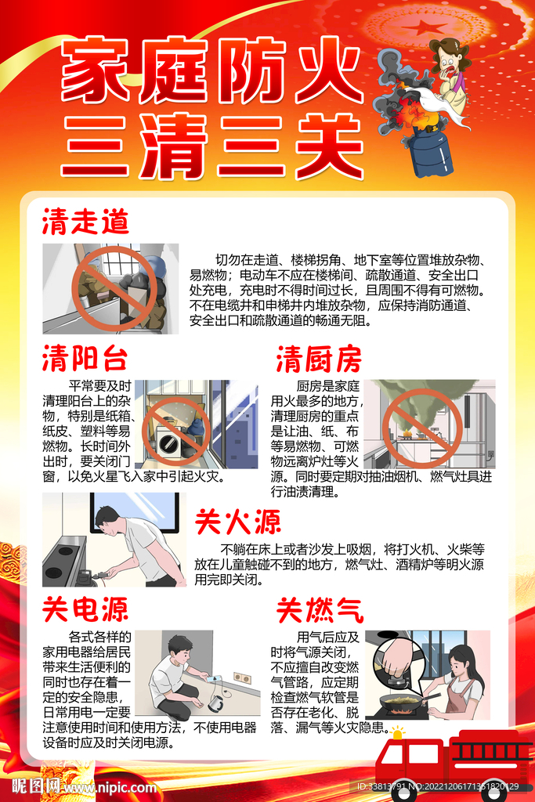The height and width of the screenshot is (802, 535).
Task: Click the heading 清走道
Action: tap(85, 222)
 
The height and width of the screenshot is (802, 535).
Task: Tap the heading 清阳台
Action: tap(85, 358)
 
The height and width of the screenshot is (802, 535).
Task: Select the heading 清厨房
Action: tap(319, 359)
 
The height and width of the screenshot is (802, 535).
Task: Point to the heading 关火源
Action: tap(238, 522)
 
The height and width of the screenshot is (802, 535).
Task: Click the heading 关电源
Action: tap(85, 609)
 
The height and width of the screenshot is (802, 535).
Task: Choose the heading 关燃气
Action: tap(320, 610)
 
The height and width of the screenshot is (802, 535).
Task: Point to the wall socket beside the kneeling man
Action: tap(243, 677)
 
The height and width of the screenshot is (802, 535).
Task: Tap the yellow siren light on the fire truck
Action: tap(396, 732)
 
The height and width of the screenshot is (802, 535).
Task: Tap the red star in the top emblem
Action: tap(422, 26)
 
